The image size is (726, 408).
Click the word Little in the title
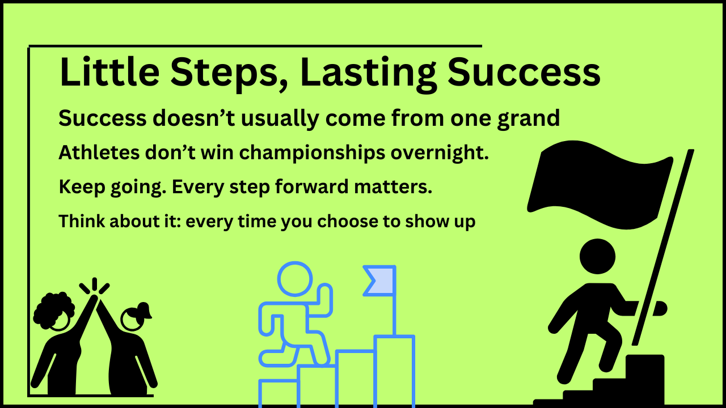point(109,72)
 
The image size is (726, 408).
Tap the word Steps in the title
point(229,74)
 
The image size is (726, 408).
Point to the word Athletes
point(99,152)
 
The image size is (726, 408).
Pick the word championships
point(312,154)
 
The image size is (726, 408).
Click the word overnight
point(440,154)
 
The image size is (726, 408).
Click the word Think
point(82,221)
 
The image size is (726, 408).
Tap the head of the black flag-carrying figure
point(597,257)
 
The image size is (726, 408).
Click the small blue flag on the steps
point(379,280)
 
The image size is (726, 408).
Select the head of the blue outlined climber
point(295,279)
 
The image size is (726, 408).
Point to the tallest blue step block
point(394,371)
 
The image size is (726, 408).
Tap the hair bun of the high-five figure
point(144,309)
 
